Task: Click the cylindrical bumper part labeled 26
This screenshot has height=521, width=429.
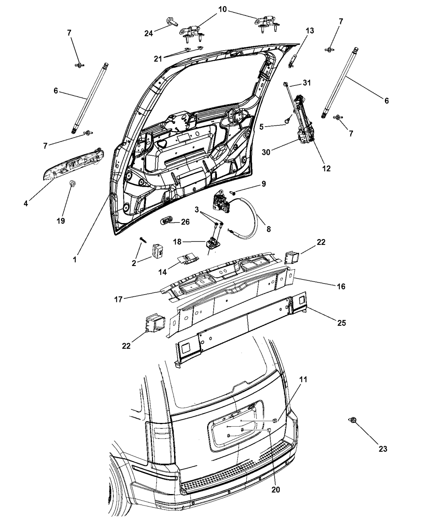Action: click(166, 221)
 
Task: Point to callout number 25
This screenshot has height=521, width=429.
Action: click(342, 322)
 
